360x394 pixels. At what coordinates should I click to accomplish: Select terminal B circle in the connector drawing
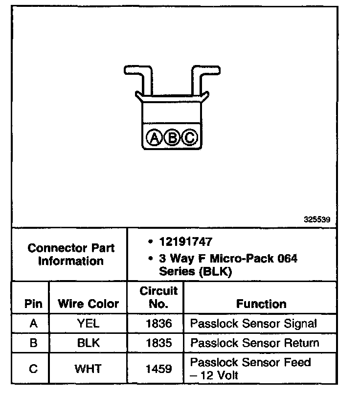pos(173,138)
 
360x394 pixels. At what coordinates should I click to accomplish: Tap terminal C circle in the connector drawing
pos(189,138)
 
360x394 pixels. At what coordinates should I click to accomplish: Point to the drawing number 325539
pos(317,220)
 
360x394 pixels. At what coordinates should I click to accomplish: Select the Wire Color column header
pos(88,304)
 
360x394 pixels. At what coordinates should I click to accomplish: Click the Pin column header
pos(33,304)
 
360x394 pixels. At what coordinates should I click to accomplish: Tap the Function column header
pos(261,304)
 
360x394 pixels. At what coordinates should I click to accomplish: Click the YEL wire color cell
pos(88,324)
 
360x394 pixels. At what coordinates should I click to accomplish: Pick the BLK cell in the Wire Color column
pos(88,343)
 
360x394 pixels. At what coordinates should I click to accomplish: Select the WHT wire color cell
pos(88,369)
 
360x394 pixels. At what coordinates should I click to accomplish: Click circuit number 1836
pos(158,324)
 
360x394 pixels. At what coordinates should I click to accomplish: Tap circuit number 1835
pos(158,343)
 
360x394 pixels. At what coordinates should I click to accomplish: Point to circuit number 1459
pos(158,369)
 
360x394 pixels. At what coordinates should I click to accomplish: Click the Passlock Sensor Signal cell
pos(253,324)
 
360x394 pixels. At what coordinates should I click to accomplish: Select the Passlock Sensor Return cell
pos(254,343)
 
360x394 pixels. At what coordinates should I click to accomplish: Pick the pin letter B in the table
pos(33,343)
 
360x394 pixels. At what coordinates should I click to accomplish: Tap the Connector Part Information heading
pos(71,254)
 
